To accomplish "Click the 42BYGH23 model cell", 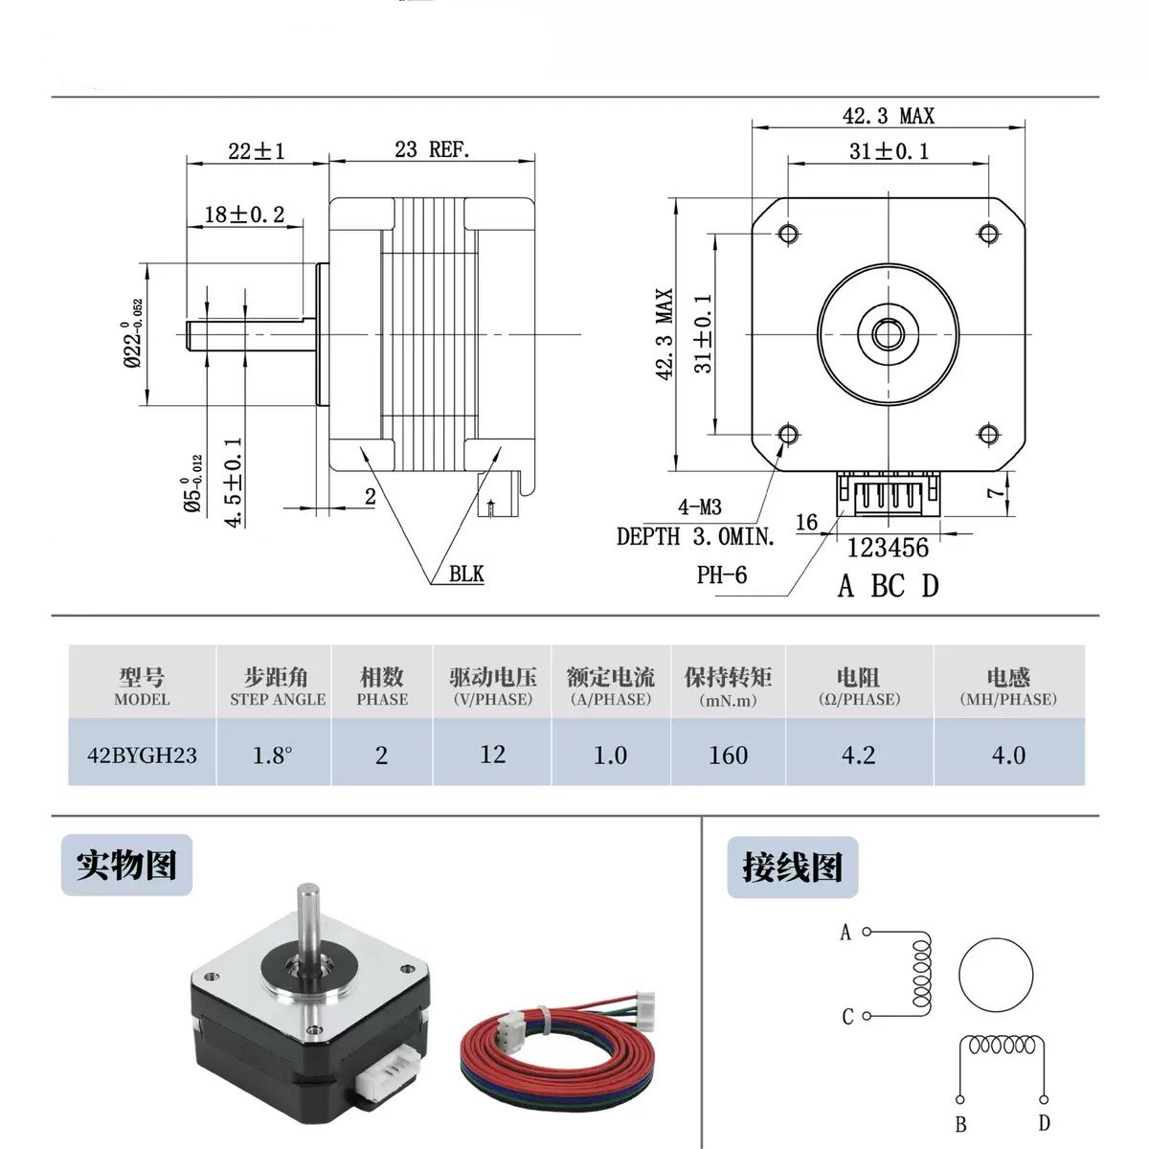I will [x=142, y=755].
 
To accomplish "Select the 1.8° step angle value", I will [x=273, y=755].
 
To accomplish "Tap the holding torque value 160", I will [x=728, y=755].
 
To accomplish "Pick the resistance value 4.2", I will [x=858, y=755].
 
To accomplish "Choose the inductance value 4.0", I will [x=1008, y=755].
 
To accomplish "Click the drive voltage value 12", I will [x=492, y=754].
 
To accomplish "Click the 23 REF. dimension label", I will [x=432, y=149].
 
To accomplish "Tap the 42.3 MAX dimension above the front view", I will [x=888, y=116].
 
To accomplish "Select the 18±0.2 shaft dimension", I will [x=245, y=214].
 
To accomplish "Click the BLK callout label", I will [x=466, y=574].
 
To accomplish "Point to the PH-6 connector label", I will [x=721, y=574].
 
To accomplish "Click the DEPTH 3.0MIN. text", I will [x=695, y=536].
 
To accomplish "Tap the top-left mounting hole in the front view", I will [x=789, y=233].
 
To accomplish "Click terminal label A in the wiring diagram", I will [x=845, y=932].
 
